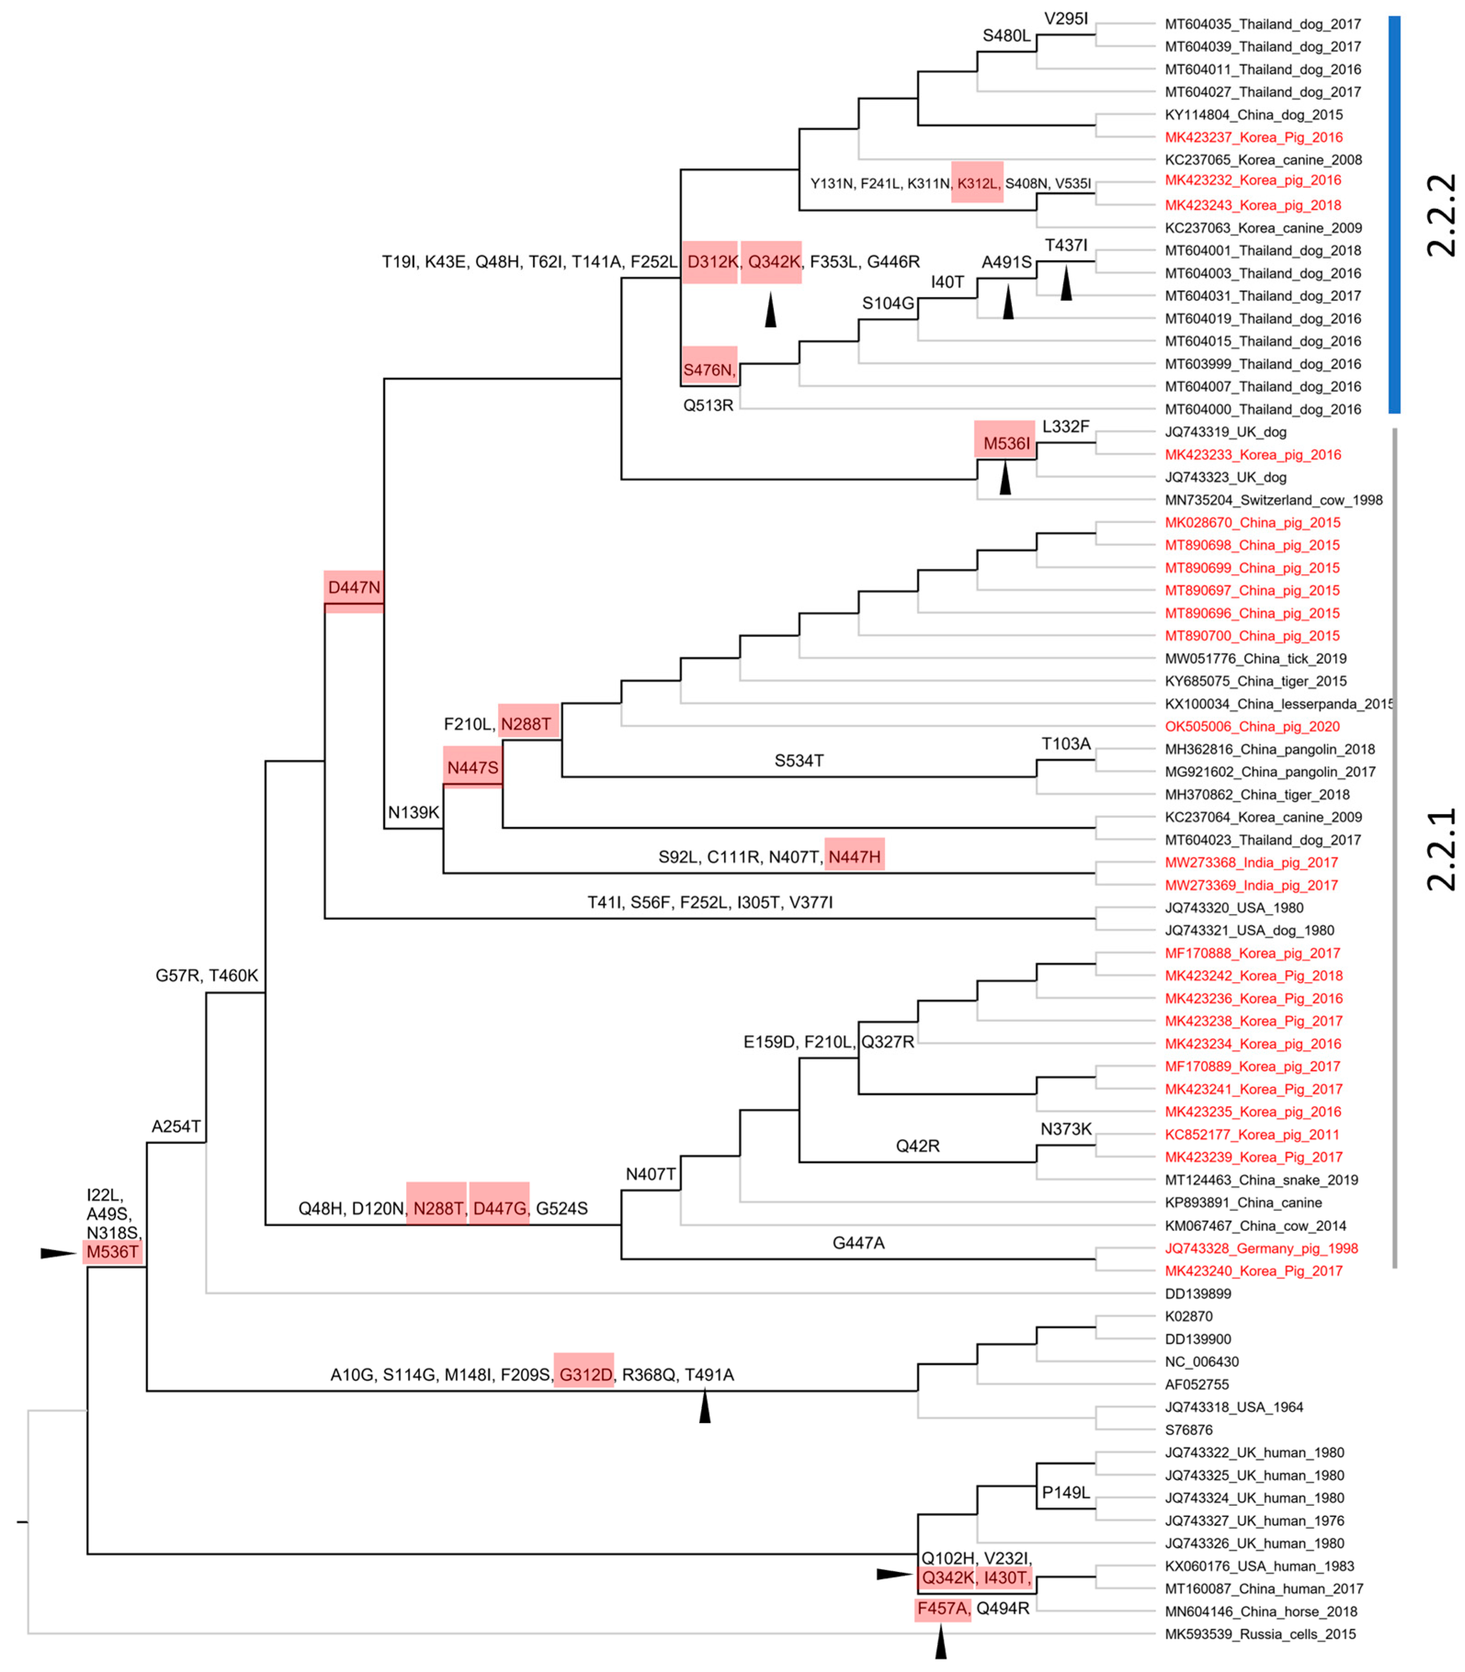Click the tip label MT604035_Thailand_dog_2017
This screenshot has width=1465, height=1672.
pyautogui.click(x=1262, y=24)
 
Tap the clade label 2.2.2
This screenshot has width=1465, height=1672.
pyautogui.click(x=1441, y=216)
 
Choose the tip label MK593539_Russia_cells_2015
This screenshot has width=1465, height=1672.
pyautogui.click(x=1260, y=1633)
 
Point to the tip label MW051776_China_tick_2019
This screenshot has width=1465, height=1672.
pyautogui.click(x=1256, y=659)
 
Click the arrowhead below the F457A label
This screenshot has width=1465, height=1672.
pyautogui.click(x=941, y=1643)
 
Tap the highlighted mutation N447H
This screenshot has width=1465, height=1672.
pyautogui.click(x=854, y=856)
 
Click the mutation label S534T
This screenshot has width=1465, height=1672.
pyautogui.click(x=799, y=761)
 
